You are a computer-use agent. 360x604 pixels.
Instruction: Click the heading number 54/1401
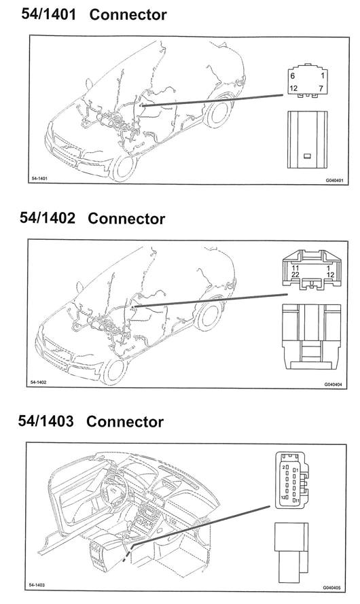(x=48, y=14)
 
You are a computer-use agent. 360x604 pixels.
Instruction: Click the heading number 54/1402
(x=48, y=218)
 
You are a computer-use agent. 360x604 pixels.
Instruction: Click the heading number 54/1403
(x=46, y=421)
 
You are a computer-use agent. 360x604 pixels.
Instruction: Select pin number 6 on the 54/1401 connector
(x=293, y=76)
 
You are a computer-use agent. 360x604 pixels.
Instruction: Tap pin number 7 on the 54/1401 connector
(x=321, y=88)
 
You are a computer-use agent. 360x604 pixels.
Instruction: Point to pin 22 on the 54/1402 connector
(x=295, y=274)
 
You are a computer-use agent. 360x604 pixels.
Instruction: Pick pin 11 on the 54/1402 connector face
(x=295, y=268)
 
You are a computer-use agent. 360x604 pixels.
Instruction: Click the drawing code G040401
(x=334, y=180)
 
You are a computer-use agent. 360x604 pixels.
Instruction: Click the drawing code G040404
(x=333, y=384)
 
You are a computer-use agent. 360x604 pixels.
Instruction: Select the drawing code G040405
(x=331, y=588)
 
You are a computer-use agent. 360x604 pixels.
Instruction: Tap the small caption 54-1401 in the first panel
(x=39, y=179)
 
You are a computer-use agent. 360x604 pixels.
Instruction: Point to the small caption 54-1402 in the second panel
(x=39, y=382)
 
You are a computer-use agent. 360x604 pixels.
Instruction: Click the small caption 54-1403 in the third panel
(x=37, y=585)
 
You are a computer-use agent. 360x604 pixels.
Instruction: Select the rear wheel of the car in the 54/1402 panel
(x=209, y=315)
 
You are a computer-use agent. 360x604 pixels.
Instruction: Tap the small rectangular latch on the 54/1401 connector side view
(x=308, y=156)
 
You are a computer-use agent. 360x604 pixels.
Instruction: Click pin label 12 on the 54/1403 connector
(x=283, y=497)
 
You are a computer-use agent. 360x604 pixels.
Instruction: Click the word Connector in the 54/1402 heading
(x=126, y=218)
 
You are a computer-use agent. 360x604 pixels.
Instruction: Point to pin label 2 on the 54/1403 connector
(x=283, y=467)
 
